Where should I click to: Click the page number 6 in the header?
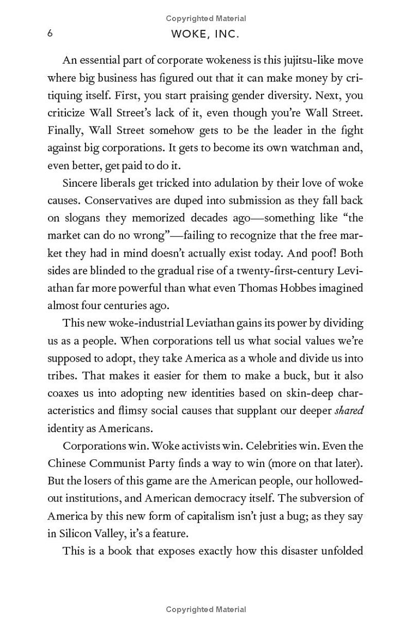point(50,33)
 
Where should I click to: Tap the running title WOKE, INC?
point(206,34)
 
